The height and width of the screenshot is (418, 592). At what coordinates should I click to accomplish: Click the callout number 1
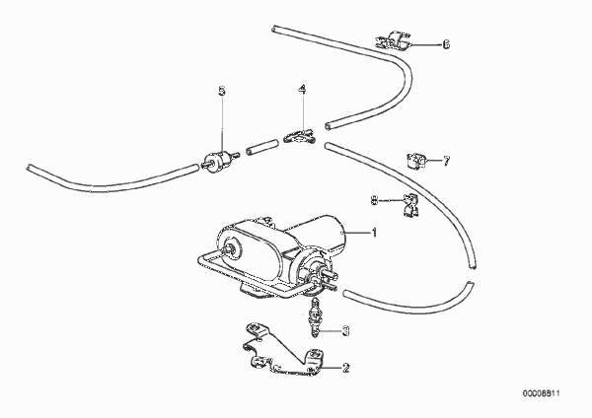click(x=374, y=233)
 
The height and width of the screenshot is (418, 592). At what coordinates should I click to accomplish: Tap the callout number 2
click(x=346, y=368)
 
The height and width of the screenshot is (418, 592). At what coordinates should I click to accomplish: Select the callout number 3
click(x=345, y=331)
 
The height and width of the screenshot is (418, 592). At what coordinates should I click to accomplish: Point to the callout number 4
click(x=302, y=89)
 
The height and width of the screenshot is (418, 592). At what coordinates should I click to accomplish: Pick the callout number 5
click(x=222, y=91)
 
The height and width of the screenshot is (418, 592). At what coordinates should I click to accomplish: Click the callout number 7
click(x=447, y=162)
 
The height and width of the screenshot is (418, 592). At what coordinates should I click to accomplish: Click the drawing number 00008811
click(x=542, y=393)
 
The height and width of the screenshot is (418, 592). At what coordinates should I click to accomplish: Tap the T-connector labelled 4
click(x=300, y=136)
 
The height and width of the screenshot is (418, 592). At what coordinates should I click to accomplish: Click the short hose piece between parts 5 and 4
click(x=261, y=146)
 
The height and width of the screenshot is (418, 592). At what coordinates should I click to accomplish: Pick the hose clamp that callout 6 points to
click(x=393, y=40)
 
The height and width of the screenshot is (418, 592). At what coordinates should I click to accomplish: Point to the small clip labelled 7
click(x=416, y=161)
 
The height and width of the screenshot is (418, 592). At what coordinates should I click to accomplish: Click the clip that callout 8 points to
click(x=410, y=206)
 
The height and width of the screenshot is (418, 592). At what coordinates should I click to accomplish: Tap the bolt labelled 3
click(x=314, y=317)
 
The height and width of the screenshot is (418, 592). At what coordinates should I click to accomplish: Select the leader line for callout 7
click(x=433, y=161)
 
